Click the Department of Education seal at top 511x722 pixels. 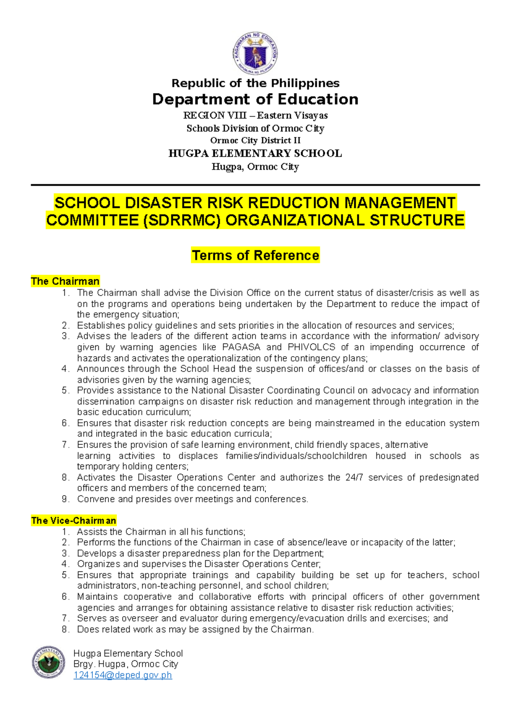[x=255, y=54]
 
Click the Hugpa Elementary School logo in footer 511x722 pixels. [x=49, y=662]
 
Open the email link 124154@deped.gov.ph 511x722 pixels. [x=123, y=675]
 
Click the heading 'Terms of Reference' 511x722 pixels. [x=255, y=255]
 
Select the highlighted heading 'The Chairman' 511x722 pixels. [x=65, y=281]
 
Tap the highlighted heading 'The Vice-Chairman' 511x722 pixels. [x=73, y=521]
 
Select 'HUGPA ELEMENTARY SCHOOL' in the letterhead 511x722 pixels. [x=255, y=154]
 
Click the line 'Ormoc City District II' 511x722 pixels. [x=255, y=140]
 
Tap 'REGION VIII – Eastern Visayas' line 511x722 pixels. [x=255, y=115]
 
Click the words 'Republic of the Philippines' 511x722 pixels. [x=255, y=83]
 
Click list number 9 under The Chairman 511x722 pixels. [x=65, y=499]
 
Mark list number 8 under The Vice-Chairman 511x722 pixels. [x=65, y=630]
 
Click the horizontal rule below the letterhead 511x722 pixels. [x=255, y=185]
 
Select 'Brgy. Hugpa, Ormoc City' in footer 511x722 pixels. [x=126, y=664]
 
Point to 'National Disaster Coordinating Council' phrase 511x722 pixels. [x=273, y=391]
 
